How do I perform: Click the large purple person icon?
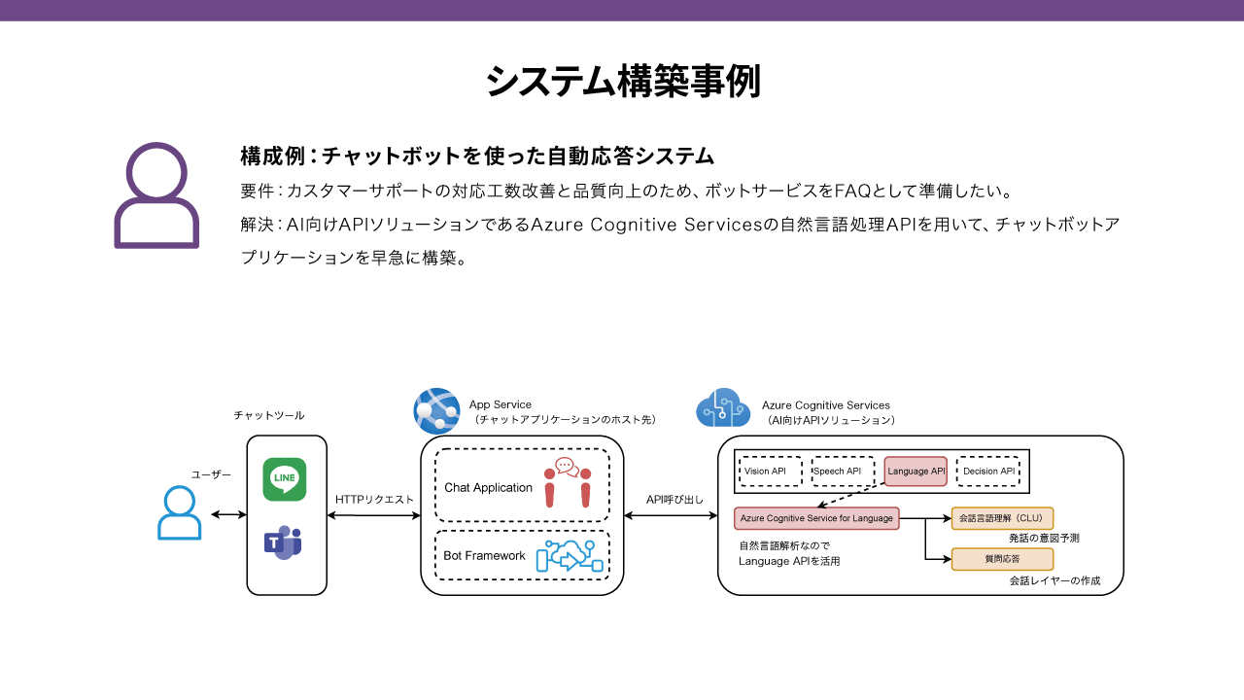click(x=156, y=195)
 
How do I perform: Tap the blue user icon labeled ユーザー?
click(x=180, y=513)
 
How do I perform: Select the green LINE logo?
click(x=285, y=479)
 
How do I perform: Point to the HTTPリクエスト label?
click(x=374, y=500)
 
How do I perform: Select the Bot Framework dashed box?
click(x=522, y=555)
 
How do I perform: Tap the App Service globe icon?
click(x=436, y=409)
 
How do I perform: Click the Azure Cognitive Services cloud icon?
click(x=723, y=408)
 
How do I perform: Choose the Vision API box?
click(x=771, y=472)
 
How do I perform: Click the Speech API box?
click(x=843, y=472)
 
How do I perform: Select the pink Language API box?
click(x=916, y=472)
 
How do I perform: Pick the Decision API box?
click(x=988, y=472)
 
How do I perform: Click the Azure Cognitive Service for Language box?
click(x=816, y=518)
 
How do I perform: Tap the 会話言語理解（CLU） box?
click(x=1002, y=518)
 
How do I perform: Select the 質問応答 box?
click(x=1002, y=559)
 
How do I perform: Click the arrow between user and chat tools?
click(x=228, y=514)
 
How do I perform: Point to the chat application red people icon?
click(x=568, y=482)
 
